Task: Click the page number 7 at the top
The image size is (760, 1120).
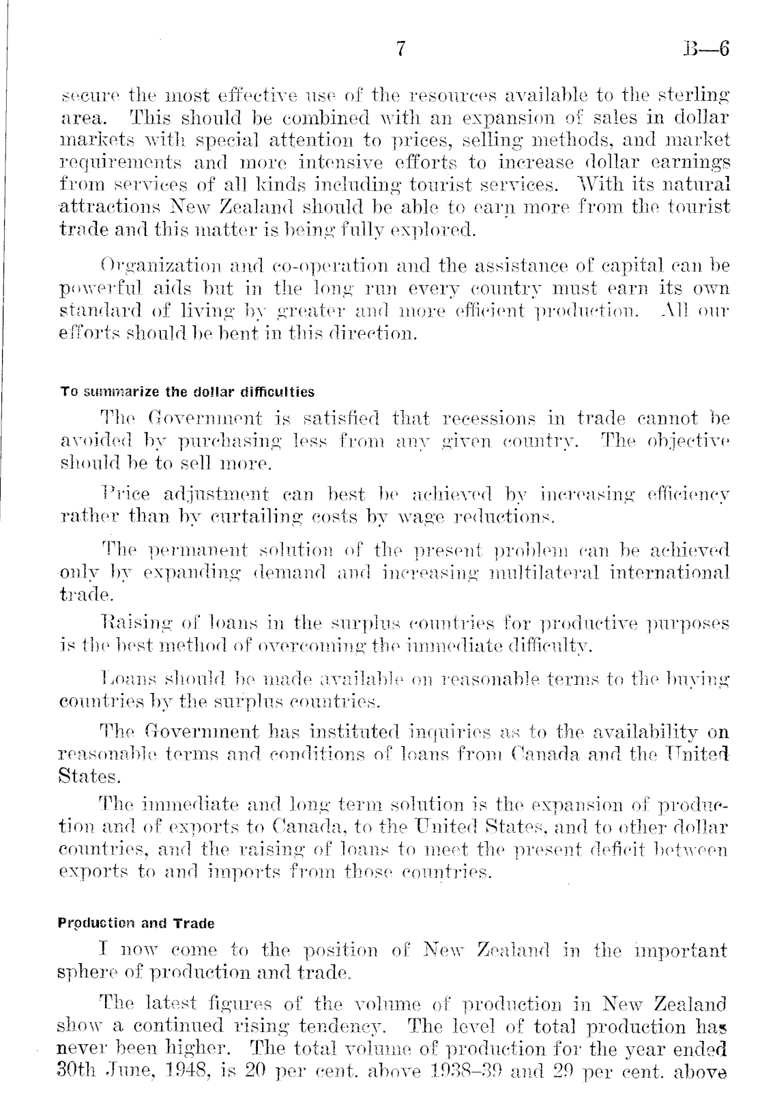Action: coord(400,50)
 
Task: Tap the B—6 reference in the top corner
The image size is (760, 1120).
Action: coord(706,50)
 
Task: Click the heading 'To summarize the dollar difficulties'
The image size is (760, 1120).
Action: coord(188,392)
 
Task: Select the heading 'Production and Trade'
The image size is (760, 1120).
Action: coord(136,924)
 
